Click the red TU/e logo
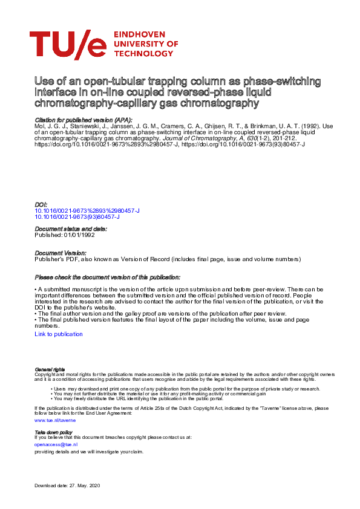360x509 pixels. coord(68,45)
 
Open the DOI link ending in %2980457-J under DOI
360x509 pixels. coord(87,210)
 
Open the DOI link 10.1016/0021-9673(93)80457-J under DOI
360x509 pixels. coord(77,216)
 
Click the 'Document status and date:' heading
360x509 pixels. coord(71,229)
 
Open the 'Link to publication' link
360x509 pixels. coord(59,334)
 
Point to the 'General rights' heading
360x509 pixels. coord(50,369)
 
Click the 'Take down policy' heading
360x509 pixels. coord(53,433)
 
